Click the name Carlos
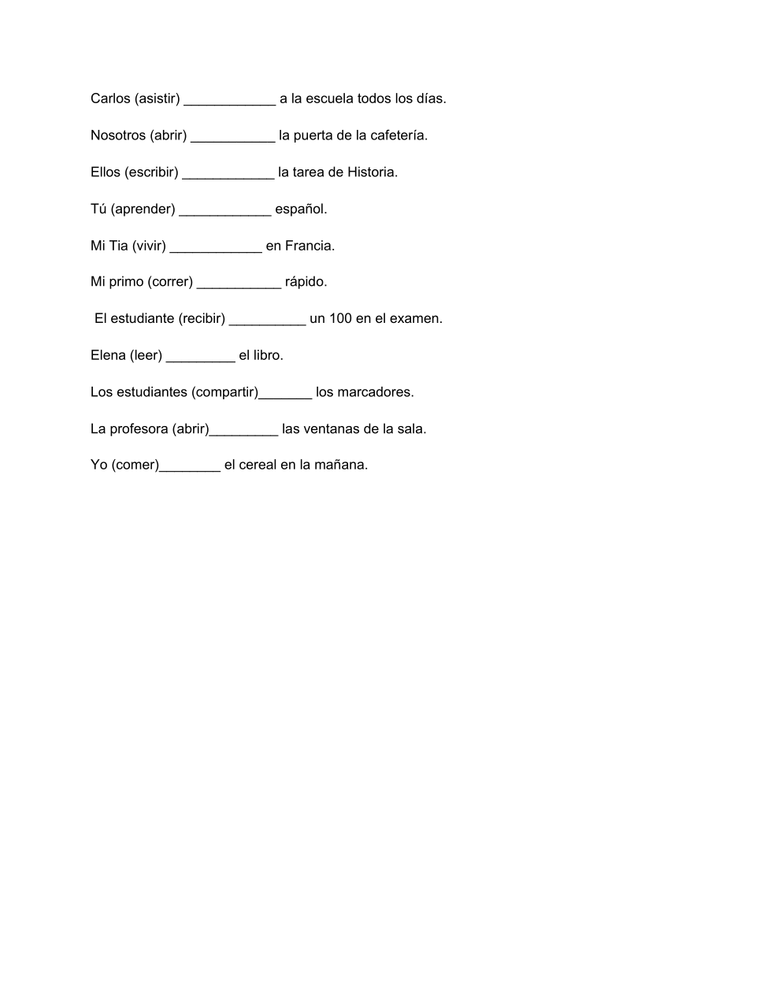coord(110,98)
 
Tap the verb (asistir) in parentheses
coord(158,98)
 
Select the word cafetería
coord(398,135)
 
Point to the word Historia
coord(372,172)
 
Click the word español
coord(300,209)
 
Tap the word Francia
coord(310,246)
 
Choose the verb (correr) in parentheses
coord(170,282)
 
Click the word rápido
coord(306,282)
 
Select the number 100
coord(341,319)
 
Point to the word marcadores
coord(364,392)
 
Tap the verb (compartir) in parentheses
coord(225,392)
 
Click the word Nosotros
coord(118,135)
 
